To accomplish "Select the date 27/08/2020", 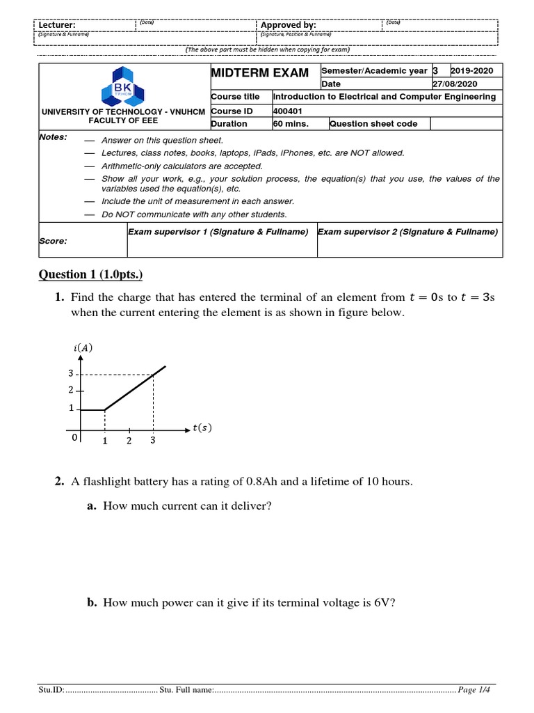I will pos(474,84).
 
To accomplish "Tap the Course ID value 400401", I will pos(289,111).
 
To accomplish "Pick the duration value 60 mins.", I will pos(291,124).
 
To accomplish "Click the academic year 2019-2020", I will pos(472,71).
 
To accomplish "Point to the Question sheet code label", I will pos(373,124).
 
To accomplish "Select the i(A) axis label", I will pos(83,348).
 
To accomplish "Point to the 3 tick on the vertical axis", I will pos(70,373).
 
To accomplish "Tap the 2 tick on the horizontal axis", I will pos(129,441).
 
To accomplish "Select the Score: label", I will pos(54,241).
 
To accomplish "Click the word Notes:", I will pos(54,137).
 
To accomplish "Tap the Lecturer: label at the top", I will pos(57,25).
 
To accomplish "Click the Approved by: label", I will pos(288,25).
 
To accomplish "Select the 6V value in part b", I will pos(382,603).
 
